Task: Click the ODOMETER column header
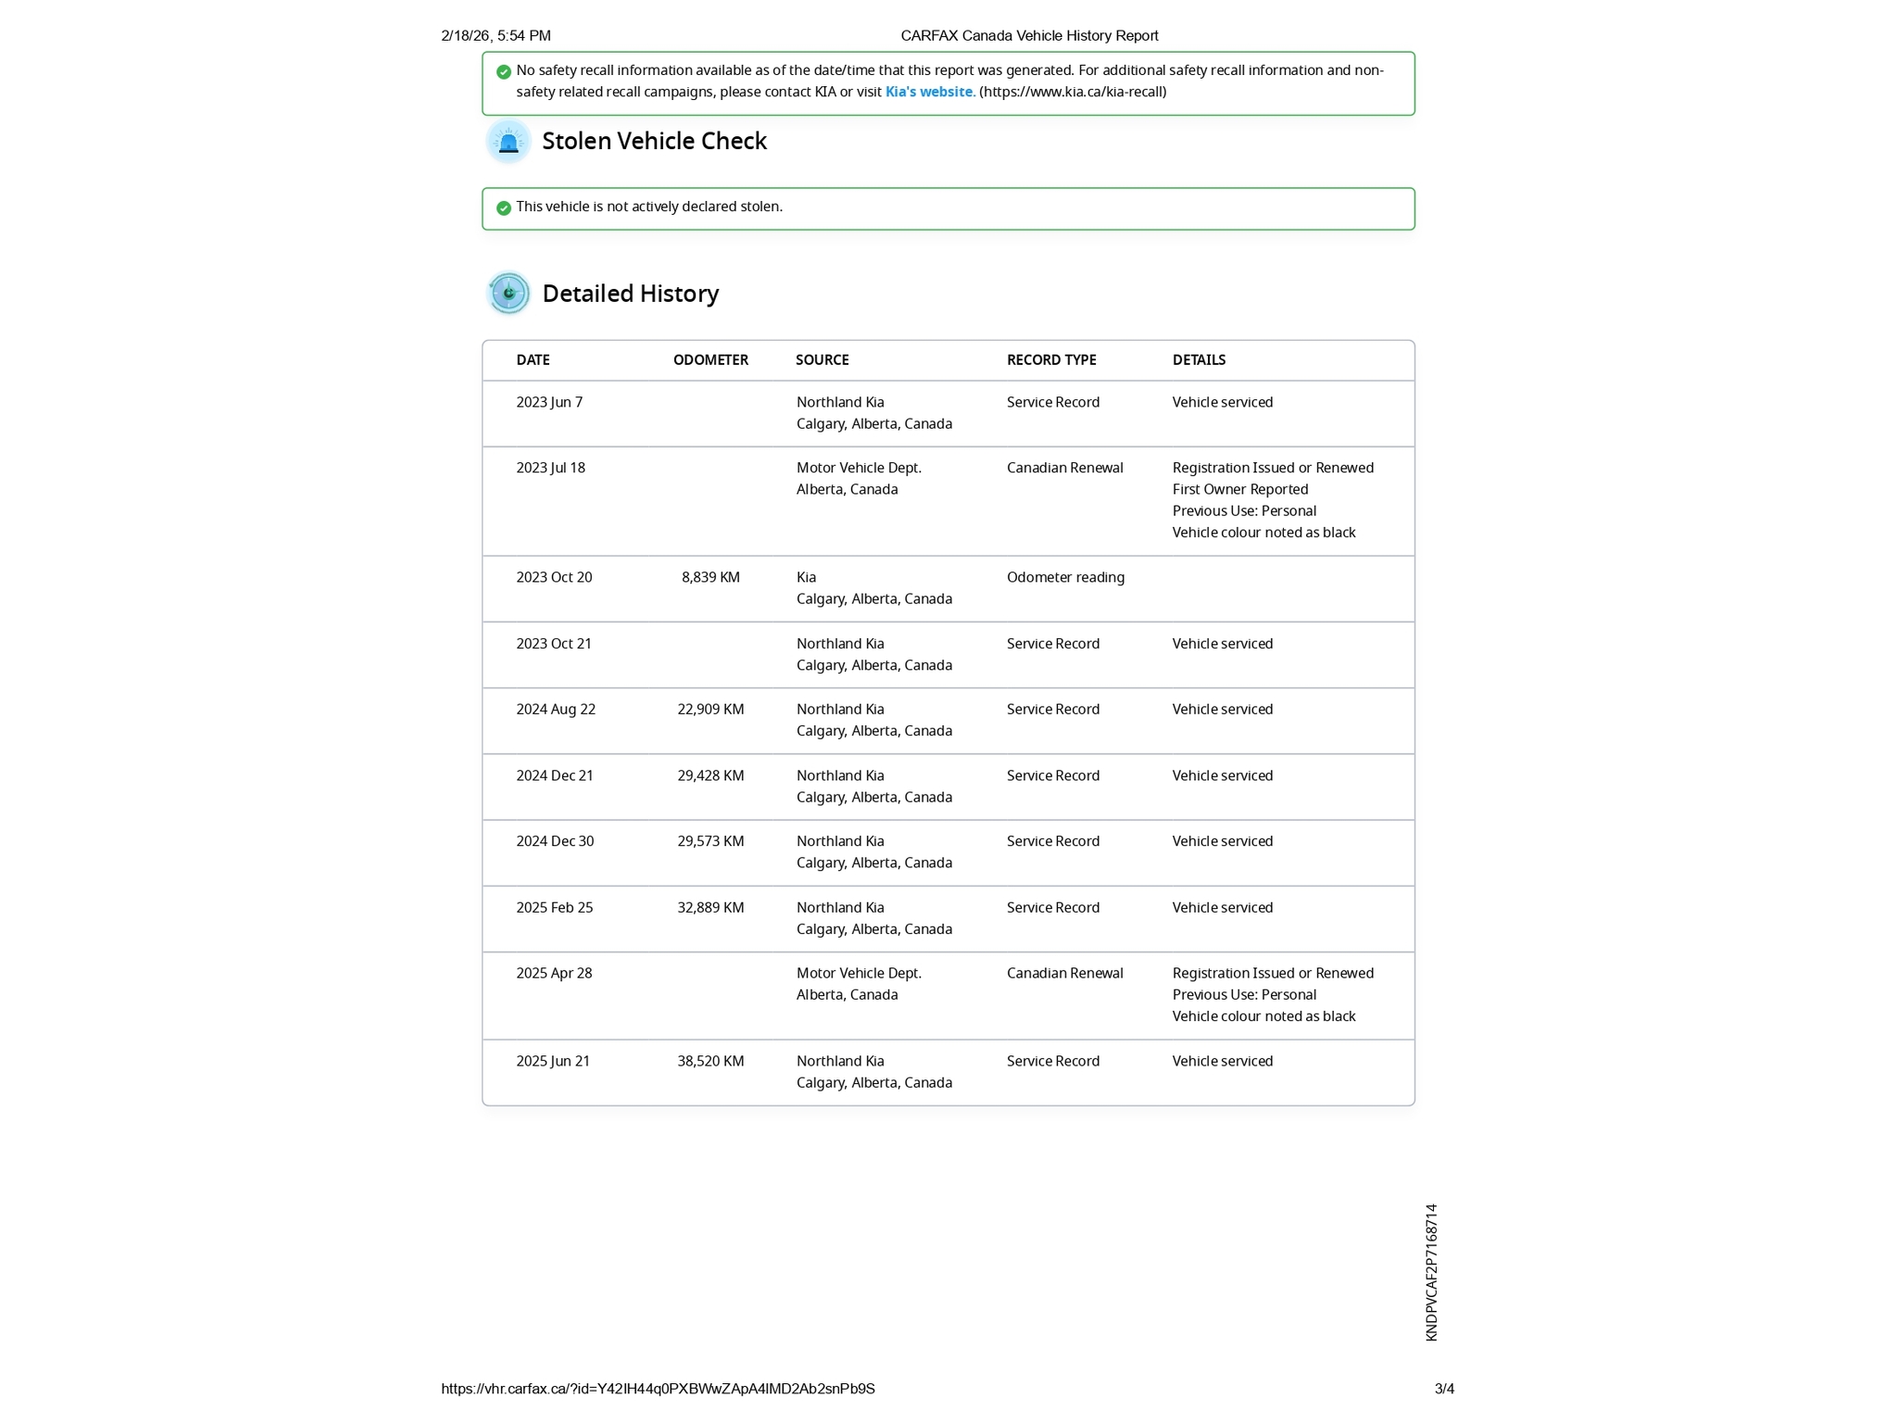[710, 359]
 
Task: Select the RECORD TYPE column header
[1051, 359]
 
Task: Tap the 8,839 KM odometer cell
[710, 577]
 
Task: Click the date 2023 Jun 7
[549, 402]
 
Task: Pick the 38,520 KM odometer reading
[710, 1061]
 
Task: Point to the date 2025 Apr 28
[554, 973]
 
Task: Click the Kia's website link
[928, 92]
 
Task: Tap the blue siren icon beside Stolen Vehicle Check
[509, 142]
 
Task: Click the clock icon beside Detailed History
[509, 294]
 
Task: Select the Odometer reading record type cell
[1065, 577]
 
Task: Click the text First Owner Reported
[1240, 489]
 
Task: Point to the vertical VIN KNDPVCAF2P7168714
[1431, 1272]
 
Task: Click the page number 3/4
[1444, 1389]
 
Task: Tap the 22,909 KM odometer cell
[710, 709]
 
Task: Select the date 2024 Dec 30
[555, 841]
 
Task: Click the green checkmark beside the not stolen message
[504, 208]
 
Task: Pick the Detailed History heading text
[630, 294]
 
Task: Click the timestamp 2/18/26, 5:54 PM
[496, 36]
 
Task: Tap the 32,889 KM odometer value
[710, 907]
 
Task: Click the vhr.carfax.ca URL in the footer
[658, 1389]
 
